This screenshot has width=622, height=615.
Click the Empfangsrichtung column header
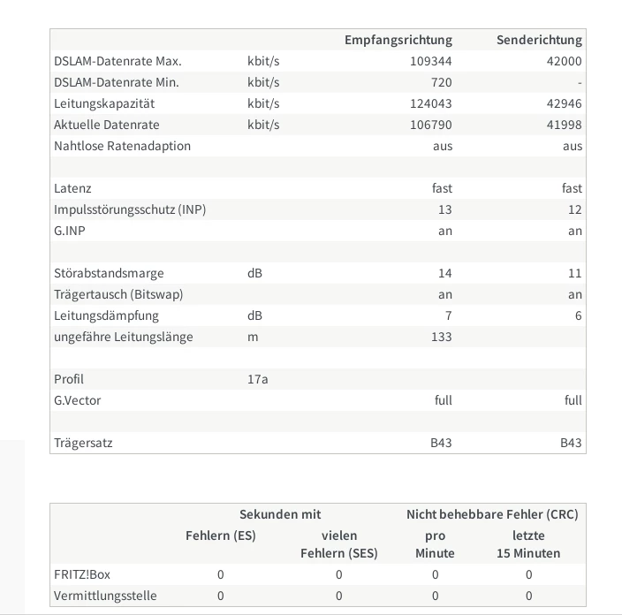point(398,40)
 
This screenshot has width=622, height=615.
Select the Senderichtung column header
point(539,40)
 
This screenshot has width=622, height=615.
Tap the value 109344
point(431,61)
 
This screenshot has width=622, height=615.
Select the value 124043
point(431,103)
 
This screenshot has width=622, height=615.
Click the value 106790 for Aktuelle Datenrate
point(431,125)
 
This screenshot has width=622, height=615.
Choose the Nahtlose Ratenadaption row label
point(122,146)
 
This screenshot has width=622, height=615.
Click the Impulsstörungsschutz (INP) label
point(130,209)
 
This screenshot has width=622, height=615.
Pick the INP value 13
point(444,209)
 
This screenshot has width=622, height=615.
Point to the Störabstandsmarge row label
point(109,273)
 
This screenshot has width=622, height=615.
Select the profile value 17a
point(257,379)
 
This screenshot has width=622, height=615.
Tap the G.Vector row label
point(78,400)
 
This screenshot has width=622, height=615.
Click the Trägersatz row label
point(83,443)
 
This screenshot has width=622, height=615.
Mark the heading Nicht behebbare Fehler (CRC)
point(492,514)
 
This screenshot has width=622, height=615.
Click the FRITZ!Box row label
point(82,574)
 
